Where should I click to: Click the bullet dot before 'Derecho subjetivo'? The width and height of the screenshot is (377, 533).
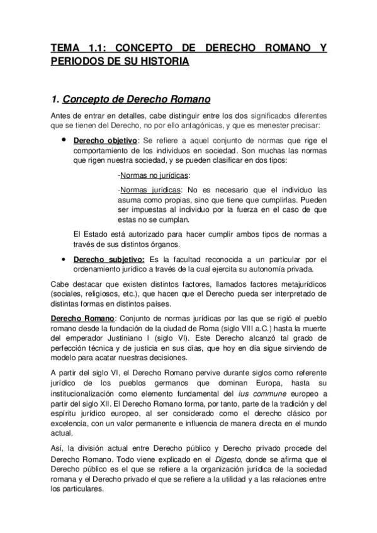pos(64,258)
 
